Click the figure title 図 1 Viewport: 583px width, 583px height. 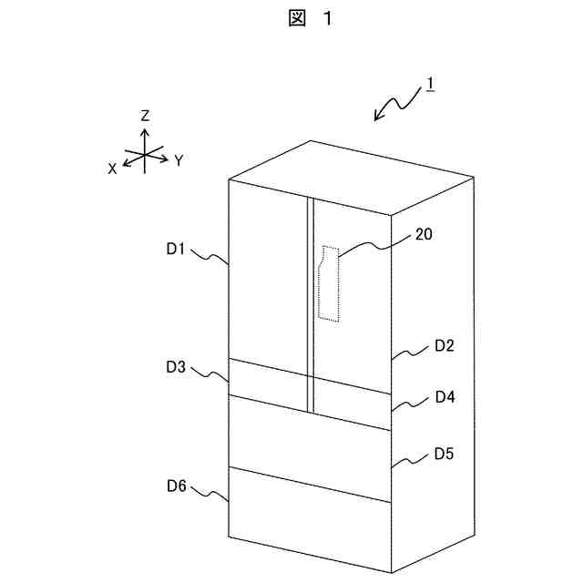[306, 20]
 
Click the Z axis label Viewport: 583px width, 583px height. [145, 116]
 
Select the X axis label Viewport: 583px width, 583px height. [112, 169]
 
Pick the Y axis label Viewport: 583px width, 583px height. [179, 160]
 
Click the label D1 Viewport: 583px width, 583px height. [176, 248]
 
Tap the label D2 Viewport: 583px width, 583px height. [445, 345]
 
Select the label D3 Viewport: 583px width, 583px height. [176, 367]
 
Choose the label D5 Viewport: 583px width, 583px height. [445, 453]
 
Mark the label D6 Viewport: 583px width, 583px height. [176, 487]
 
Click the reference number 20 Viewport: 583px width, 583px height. [424, 234]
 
